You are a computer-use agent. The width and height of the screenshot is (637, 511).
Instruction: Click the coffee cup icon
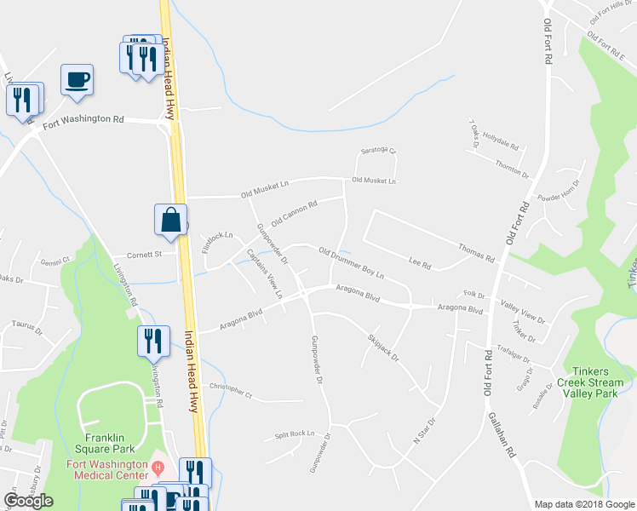77,80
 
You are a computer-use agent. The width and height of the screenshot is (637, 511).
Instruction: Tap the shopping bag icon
170,219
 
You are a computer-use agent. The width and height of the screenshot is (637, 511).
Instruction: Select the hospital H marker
158,467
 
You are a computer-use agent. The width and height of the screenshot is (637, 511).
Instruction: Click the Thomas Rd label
476,251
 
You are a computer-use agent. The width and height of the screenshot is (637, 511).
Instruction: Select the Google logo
28,501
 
